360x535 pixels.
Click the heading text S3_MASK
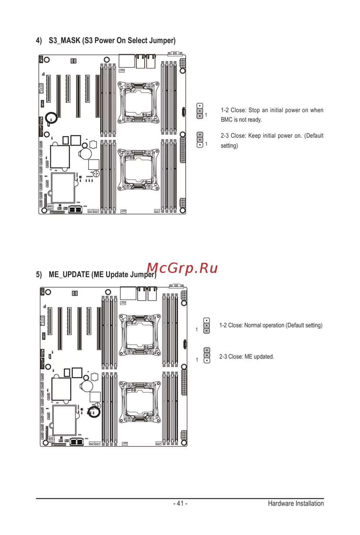click(64, 40)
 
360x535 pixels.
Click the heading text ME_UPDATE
click(69, 274)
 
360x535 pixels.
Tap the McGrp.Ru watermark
click(182, 268)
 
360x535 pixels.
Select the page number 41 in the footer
click(180, 503)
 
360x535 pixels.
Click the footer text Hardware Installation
click(296, 503)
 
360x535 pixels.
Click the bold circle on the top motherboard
click(51, 118)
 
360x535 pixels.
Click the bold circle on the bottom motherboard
click(94, 412)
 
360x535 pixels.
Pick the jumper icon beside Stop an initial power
click(200, 111)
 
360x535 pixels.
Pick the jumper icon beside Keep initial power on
click(200, 140)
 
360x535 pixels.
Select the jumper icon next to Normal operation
click(207, 325)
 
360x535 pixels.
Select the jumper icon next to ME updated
click(207, 355)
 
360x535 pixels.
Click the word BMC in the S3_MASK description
click(226, 120)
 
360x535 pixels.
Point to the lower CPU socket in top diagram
click(139, 170)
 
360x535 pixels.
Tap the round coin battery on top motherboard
click(86, 153)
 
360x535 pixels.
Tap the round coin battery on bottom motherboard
click(87, 386)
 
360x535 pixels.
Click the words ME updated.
click(259, 356)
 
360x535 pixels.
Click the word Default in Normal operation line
click(296, 325)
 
